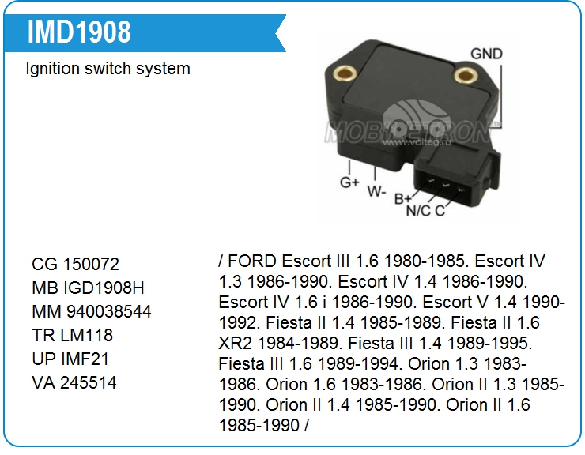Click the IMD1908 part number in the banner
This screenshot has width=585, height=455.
tap(79, 32)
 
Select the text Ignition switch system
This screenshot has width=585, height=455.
tap(108, 69)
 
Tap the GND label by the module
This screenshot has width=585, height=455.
tap(486, 54)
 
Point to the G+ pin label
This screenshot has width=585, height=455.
tap(349, 182)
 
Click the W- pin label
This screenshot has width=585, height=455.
tap(376, 192)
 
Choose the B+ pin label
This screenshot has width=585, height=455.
tap(403, 199)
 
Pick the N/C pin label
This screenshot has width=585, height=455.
tap(418, 211)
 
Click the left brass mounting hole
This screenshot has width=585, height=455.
tap(344, 73)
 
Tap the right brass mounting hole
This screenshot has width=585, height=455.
tap(466, 75)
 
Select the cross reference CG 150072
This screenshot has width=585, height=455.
tap(75, 265)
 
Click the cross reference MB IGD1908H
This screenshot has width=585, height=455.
tap(88, 288)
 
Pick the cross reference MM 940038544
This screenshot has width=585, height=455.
tap(92, 312)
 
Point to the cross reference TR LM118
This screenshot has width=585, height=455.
tap(73, 335)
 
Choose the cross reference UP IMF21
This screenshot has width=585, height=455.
tap(70, 359)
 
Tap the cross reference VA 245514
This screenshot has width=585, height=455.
tap(74, 382)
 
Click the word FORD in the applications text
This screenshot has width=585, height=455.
tap(252, 261)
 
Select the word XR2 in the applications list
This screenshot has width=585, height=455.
tap(236, 343)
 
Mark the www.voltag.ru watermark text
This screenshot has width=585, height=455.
tap(417, 142)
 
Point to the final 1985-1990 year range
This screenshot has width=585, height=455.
tap(259, 425)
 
